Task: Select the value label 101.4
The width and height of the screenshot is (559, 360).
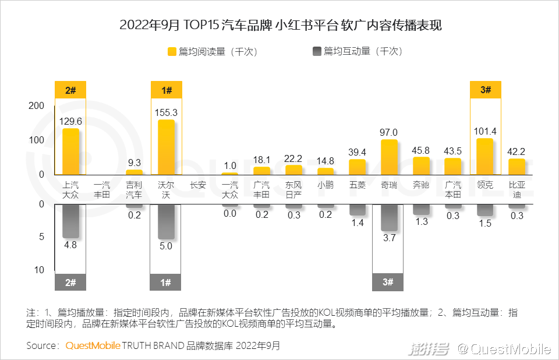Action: click(x=484, y=131)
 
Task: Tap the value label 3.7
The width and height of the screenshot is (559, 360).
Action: click(x=389, y=238)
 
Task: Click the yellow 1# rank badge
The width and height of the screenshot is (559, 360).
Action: click(x=166, y=90)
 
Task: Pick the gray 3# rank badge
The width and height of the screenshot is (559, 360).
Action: click(x=388, y=283)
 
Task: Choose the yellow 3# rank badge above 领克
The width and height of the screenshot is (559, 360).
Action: click(x=485, y=90)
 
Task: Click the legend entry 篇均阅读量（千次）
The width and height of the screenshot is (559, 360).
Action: click(x=212, y=51)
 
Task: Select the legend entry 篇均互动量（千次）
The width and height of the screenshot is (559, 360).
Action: click(x=358, y=51)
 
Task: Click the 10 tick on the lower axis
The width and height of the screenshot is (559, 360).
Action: click(x=38, y=270)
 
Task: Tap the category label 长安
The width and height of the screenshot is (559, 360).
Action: click(x=198, y=185)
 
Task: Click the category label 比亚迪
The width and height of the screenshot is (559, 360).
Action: click(x=516, y=190)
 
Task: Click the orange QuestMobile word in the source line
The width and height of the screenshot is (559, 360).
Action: click(x=93, y=345)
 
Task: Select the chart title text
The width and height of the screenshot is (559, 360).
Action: click(x=279, y=25)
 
